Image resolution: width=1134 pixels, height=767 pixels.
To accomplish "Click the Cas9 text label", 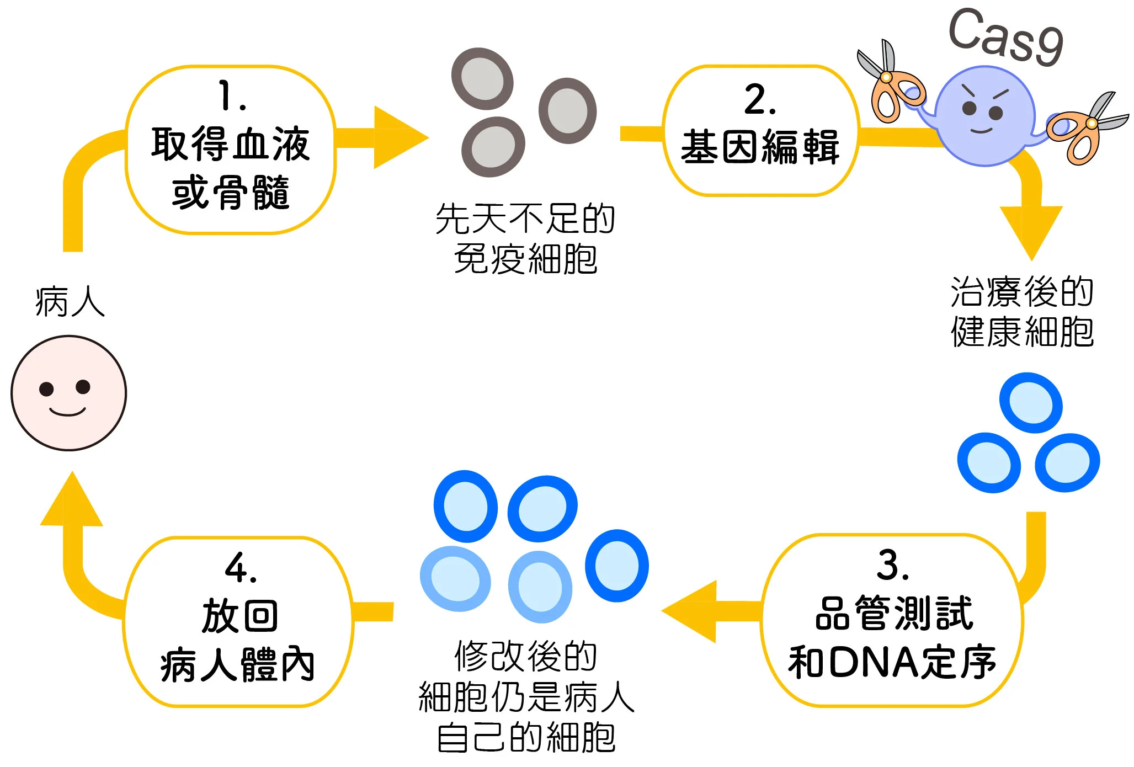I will pos(1005,36).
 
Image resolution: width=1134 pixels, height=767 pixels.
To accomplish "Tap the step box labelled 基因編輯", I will pos(760,130).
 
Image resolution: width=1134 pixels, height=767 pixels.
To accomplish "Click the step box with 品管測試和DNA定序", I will pos(892,620).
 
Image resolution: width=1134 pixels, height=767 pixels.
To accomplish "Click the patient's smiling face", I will pos(68,393).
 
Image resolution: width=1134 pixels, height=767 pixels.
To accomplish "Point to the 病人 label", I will pos(70,302).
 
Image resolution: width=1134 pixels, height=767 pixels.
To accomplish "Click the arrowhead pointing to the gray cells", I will pos(398,137).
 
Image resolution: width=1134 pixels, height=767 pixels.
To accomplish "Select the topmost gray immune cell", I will pos(482,78).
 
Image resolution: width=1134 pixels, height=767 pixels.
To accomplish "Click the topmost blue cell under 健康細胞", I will pos(1030,403).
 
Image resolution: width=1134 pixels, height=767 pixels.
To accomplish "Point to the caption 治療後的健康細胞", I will pos(1022,312).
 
